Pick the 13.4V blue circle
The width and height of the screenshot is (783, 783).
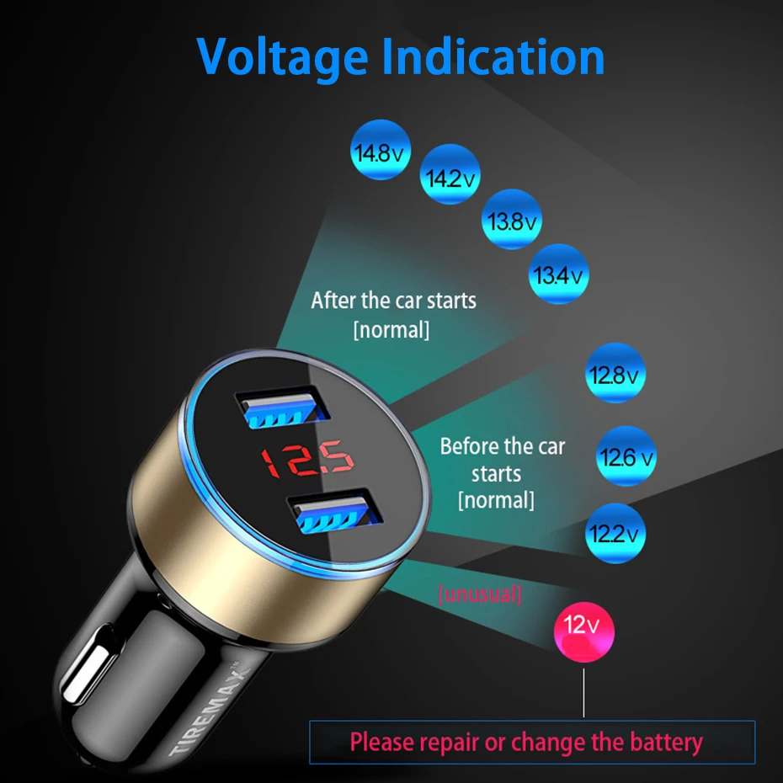(559, 273)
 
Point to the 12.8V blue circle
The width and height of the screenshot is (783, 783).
(614, 373)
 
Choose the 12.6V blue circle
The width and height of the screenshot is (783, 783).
(626, 456)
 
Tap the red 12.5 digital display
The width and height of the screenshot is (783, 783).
(306, 460)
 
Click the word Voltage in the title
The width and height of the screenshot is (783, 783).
(281, 56)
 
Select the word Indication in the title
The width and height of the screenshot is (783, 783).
(493, 56)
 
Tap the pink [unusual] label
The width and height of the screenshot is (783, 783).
(480, 595)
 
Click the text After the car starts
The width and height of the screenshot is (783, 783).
(393, 301)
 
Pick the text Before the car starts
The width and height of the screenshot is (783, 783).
(502, 459)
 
